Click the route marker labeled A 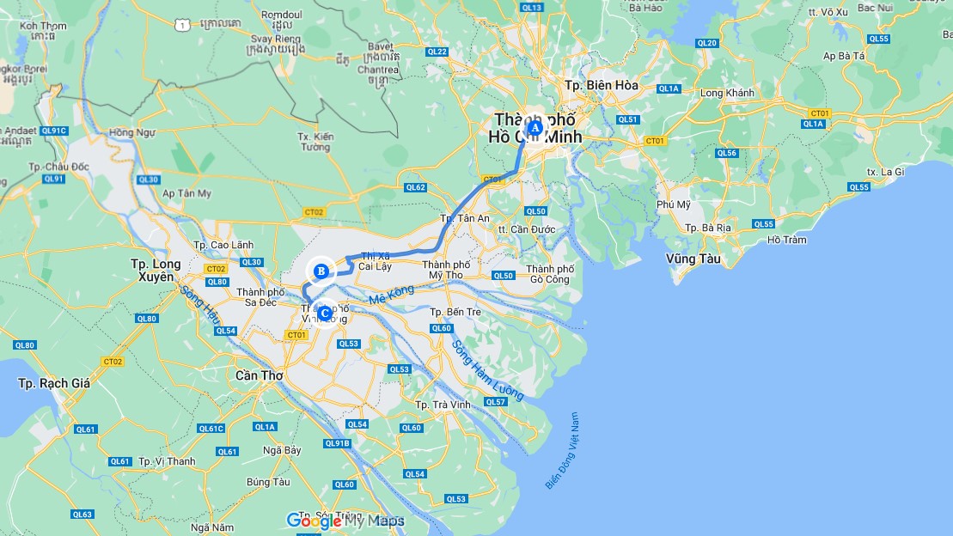click(534, 128)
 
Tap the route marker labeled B click(321, 271)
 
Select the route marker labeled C click(324, 313)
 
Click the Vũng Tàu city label click(693, 259)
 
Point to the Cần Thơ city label click(259, 375)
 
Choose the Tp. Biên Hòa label click(602, 85)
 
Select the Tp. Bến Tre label click(454, 312)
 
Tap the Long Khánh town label click(727, 93)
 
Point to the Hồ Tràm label click(787, 240)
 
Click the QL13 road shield click(532, 8)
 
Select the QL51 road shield click(628, 119)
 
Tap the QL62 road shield click(416, 187)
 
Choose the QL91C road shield click(53, 131)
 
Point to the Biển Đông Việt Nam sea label click(564, 451)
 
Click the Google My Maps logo click(345, 521)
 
